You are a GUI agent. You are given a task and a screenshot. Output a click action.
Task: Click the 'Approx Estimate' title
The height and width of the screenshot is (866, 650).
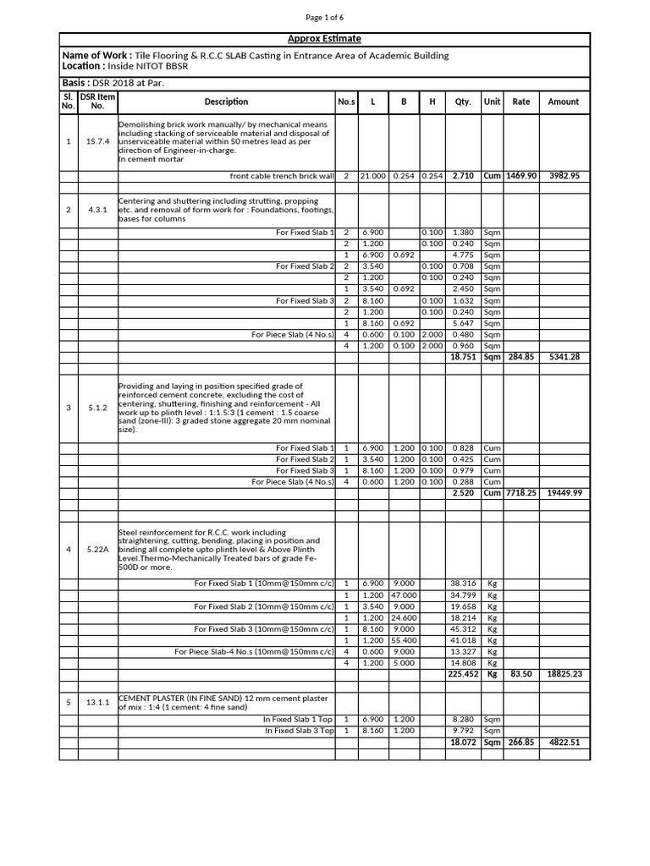pyautogui.click(x=325, y=39)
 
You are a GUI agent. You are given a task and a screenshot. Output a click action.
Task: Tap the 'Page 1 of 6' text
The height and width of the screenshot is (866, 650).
pyautogui.click(x=325, y=17)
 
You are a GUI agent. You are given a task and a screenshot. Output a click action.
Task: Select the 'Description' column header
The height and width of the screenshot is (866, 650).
pyautogui.click(x=226, y=101)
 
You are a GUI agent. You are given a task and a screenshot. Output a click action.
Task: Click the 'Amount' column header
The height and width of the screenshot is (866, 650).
pyautogui.click(x=564, y=101)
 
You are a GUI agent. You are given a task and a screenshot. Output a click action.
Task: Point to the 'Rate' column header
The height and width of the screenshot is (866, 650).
pyautogui.click(x=521, y=101)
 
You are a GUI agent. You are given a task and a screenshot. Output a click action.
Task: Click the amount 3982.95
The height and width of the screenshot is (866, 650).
pyautogui.click(x=564, y=176)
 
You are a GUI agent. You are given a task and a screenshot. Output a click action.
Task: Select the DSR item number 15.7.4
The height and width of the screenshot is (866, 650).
pyautogui.click(x=96, y=141)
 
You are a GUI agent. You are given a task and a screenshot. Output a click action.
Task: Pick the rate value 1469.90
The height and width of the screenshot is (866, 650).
pyautogui.click(x=521, y=176)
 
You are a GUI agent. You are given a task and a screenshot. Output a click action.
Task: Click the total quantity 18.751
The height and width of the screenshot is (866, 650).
pyautogui.click(x=463, y=357)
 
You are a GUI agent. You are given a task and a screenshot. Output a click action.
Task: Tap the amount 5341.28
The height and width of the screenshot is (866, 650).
pyautogui.click(x=564, y=357)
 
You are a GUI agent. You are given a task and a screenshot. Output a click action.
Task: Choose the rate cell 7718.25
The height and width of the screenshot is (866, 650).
pyautogui.click(x=521, y=492)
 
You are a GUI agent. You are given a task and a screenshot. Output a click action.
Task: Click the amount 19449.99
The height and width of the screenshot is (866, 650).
pyautogui.click(x=564, y=492)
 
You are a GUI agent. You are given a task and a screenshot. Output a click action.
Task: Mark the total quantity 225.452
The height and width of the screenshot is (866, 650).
pyautogui.click(x=463, y=674)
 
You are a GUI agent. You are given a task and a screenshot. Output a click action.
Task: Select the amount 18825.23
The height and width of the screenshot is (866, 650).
pyautogui.click(x=564, y=674)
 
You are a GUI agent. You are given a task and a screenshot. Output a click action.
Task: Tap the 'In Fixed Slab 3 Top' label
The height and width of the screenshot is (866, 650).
pyautogui.click(x=300, y=730)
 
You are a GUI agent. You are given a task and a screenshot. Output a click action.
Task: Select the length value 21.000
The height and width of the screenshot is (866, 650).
pyautogui.click(x=372, y=176)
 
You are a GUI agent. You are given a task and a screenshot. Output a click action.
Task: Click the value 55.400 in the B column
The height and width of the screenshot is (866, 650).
pyautogui.click(x=404, y=640)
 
